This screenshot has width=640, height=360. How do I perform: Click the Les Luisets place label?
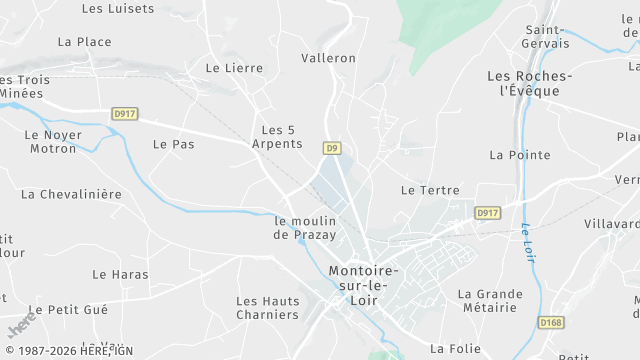118,9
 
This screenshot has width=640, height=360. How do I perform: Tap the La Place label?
85,42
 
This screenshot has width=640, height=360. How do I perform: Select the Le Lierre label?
234,68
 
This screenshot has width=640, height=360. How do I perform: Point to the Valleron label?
328,58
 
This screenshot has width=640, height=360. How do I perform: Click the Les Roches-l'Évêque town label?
529,83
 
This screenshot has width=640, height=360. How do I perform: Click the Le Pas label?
173,144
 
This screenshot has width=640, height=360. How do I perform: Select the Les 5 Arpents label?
281,137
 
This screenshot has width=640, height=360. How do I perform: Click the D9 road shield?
332,148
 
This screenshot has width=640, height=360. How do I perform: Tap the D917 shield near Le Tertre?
487,213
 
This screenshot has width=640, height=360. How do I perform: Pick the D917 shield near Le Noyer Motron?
124,114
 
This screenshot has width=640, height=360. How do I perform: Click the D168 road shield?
551,323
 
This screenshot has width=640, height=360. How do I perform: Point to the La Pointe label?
519,155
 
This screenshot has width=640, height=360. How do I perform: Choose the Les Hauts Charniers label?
267,308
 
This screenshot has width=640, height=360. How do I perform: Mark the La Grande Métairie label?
490,301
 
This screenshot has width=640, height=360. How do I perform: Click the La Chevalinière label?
71,194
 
